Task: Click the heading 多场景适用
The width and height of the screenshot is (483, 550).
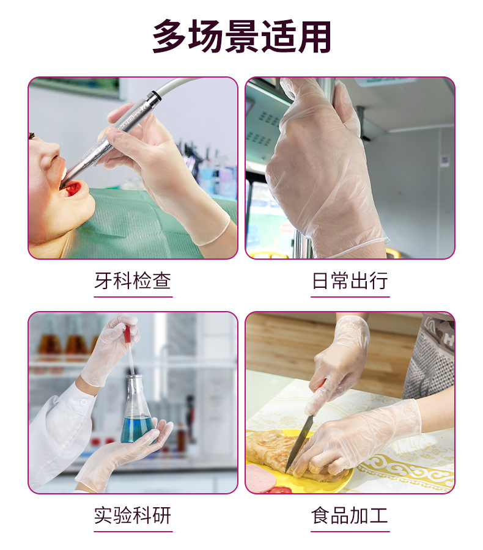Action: pos(242,37)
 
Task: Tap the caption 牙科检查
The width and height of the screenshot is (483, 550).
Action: pos(133,280)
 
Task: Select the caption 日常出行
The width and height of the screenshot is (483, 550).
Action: pos(350,280)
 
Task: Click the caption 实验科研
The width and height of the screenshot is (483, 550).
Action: pos(133,515)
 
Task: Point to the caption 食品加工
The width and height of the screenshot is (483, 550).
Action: pos(350,515)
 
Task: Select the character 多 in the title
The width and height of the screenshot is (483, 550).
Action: pos(170,37)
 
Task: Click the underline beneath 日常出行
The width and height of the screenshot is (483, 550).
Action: pos(350,297)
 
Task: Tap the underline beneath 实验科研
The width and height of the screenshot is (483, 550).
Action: pos(133,532)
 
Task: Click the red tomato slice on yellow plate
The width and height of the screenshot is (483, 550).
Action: pos(281,489)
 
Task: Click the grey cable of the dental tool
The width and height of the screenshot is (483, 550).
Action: pos(197,87)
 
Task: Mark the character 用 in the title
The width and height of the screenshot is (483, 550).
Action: pos(314,37)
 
